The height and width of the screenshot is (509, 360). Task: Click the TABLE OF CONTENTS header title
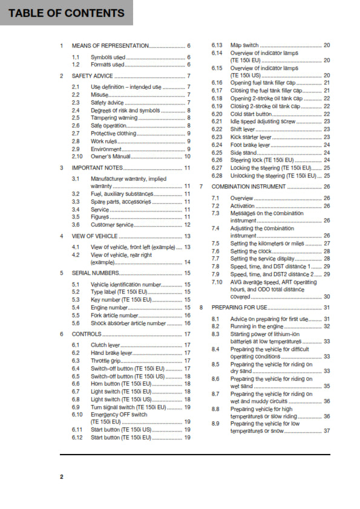67,13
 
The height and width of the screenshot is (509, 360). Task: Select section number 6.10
77,415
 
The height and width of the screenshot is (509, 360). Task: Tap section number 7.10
217,282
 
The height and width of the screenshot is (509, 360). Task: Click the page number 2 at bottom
61,477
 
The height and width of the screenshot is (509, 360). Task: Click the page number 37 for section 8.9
327,431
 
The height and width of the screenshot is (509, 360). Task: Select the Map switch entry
244,45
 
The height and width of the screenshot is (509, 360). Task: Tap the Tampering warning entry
114,117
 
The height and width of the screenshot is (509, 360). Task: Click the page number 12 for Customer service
187,225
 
